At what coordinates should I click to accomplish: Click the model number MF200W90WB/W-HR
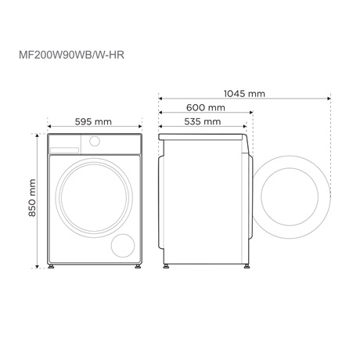coord(71,57)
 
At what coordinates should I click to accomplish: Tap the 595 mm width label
coord(93,121)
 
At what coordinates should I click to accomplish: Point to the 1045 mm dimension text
coord(243,94)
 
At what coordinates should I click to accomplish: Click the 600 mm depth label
coord(206,107)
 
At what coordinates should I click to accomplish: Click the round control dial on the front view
coord(95,142)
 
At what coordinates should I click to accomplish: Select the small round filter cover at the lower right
coord(124,245)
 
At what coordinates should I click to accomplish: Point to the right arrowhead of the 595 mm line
coord(141,126)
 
